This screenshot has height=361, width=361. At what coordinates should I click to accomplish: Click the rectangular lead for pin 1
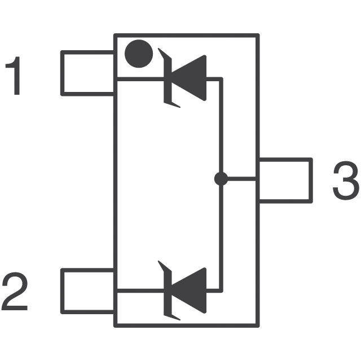[87, 73]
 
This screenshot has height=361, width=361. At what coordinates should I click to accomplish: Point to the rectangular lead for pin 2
[87, 290]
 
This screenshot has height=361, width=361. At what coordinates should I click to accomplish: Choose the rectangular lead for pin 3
[285, 180]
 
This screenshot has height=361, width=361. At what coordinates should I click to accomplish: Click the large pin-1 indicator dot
[139, 54]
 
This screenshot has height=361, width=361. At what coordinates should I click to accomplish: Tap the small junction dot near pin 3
[221, 179]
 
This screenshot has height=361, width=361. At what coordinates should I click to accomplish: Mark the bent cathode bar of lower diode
[167, 290]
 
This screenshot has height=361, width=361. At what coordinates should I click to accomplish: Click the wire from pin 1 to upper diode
[138, 79]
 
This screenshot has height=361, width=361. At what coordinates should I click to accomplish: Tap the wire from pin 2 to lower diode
[138, 291]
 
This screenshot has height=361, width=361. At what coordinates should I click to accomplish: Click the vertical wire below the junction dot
[221, 237]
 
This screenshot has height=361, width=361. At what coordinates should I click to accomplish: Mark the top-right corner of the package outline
[258, 36]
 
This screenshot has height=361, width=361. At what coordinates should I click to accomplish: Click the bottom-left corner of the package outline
[115, 325]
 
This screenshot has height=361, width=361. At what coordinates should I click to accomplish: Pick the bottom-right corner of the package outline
[258, 325]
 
